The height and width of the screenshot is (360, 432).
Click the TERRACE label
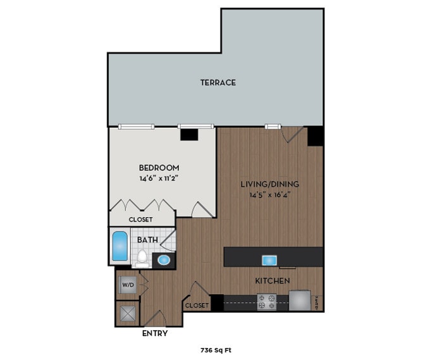pyautogui.click(x=218, y=82)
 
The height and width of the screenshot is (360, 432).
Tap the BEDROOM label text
pyautogui.click(x=159, y=168)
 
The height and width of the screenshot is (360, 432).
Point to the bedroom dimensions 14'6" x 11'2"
pyautogui.click(x=159, y=178)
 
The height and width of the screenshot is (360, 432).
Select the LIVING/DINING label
pyautogui.click(x=269, y=184)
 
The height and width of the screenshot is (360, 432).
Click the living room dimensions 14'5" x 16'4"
pyautogui.click(x=269, y=194)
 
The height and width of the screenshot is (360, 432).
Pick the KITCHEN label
pyautogui.click(x=273, y=280)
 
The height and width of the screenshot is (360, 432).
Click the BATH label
pyautogui.click(x=147, y=240)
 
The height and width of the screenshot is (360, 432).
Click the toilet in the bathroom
pyautogui.click(x=143, y=258)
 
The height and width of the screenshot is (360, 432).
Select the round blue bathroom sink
pyautogui.click(x=163, y=259)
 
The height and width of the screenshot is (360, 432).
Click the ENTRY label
pyautogui.click(x=155, y=333)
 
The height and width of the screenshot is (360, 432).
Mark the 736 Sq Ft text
pyautogui.click(x=216, y=349)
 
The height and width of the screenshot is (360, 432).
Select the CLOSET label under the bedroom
pyautogui.click(x=140, y=220)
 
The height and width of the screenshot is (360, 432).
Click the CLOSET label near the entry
pyautogui.click(x=197, y=306)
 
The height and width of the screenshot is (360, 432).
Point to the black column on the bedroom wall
pyautogui.click(x=188, y=134)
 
